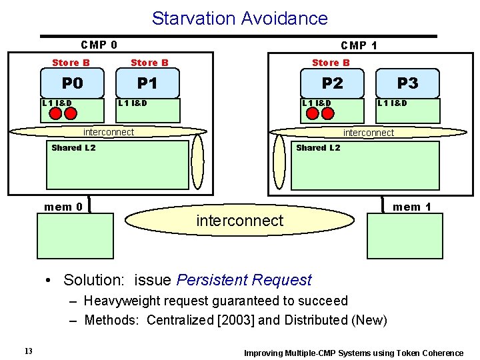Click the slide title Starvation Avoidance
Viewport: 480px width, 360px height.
point(239,18)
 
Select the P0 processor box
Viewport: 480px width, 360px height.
point(72,83)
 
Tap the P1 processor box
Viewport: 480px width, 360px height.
point(147,83)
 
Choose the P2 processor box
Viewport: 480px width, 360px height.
point(332,83)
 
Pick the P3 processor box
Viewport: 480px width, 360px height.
point(407,83)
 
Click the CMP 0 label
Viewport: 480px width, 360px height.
point(99,45)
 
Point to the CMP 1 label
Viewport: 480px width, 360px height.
point(359,45)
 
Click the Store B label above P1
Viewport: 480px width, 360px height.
point(149,63)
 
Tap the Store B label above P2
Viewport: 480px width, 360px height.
point(331,63)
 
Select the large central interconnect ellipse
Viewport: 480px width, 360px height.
point(240,221)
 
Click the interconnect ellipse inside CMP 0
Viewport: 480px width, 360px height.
point(108,132)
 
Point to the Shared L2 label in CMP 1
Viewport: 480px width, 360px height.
point(318,148)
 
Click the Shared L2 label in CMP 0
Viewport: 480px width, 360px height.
point(73,148)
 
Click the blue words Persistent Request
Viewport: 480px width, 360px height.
point(244,280)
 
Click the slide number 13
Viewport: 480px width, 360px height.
point(28,351)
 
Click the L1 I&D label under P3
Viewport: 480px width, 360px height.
point(392,103)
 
